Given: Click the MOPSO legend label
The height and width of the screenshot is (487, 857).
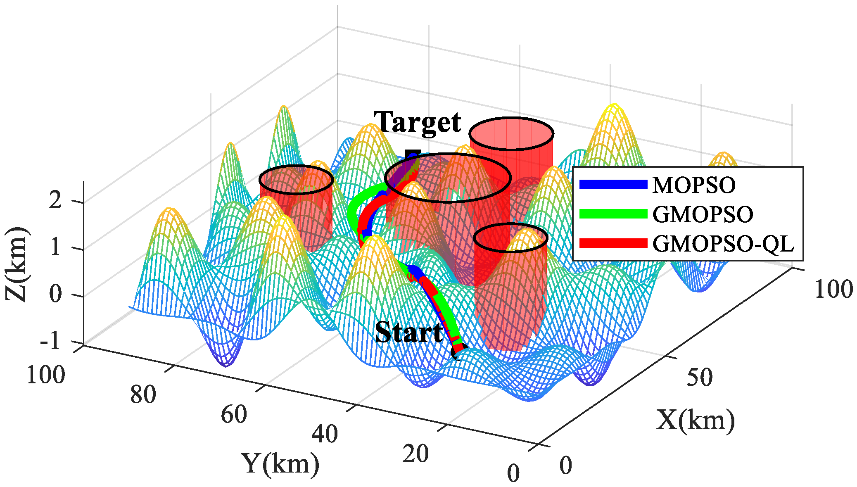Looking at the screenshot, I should click(x=693, y=185).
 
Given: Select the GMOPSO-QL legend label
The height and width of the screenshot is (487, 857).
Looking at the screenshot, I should click(x=723, y=244).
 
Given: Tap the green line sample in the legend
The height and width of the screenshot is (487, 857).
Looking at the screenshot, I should click(x=613, y=214).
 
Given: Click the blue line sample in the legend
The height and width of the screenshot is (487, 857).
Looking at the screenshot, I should click(x=613, y=185).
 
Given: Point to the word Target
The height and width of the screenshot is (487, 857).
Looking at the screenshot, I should click(x=417, y=123).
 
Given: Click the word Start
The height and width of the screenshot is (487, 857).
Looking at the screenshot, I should click(x=408, y=333).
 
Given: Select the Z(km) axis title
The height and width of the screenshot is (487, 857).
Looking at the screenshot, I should click(x=17, y=264).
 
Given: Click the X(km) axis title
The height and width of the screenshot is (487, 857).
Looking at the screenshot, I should click(x=695, y=420).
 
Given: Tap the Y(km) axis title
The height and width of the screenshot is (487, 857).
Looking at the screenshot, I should click(x=280, y=463).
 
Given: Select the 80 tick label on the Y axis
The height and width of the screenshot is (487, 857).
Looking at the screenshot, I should click(x=143, y=394).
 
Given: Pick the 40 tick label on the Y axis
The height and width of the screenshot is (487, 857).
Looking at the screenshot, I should click(x=325, y=434).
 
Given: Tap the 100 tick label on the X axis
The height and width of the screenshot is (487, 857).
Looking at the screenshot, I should click(x=833, y=289).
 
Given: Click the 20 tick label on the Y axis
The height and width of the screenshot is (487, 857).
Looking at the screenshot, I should click(x=415, y=454).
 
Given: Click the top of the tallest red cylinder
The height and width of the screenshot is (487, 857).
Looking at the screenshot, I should click(x=511, y=133).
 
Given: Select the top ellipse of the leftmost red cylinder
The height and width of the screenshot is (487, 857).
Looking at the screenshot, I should click(x=296, y=180).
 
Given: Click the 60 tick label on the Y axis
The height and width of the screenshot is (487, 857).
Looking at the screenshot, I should click(x=234, y=415).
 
